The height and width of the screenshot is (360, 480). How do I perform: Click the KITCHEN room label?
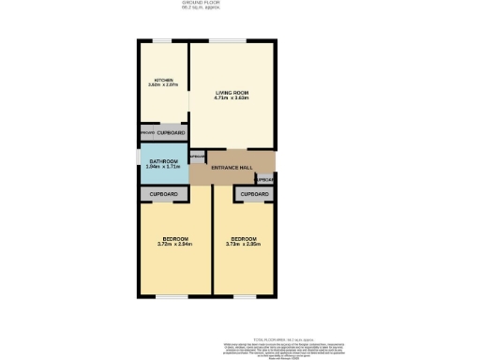pyautogui.click(x=164, y=80)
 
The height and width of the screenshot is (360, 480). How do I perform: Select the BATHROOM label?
pyautogui.click(x=163, y=161)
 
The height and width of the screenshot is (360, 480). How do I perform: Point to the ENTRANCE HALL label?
pyautogui.click(x=232, y=167)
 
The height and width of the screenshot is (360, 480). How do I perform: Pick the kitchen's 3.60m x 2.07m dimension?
pyautogui.click(x=164, y=85)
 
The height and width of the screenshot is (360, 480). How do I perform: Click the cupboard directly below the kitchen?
pyautogui.click(x=170, y=133)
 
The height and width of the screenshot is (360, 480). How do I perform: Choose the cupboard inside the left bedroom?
pyautogui.click(x=163, y=194)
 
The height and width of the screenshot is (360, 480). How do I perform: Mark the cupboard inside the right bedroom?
pyautogui.click(x=253, y=194)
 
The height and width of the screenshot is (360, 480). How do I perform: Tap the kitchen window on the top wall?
pyautogui.click(x=163, y=40)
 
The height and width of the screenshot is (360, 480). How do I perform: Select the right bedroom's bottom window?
pyautogui.click(x=243, y=296)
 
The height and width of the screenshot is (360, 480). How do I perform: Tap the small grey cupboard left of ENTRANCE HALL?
pyautogui.click(x=197, y=157)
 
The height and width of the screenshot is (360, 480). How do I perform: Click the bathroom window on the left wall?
pyautogui.click(x=139, y=166)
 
